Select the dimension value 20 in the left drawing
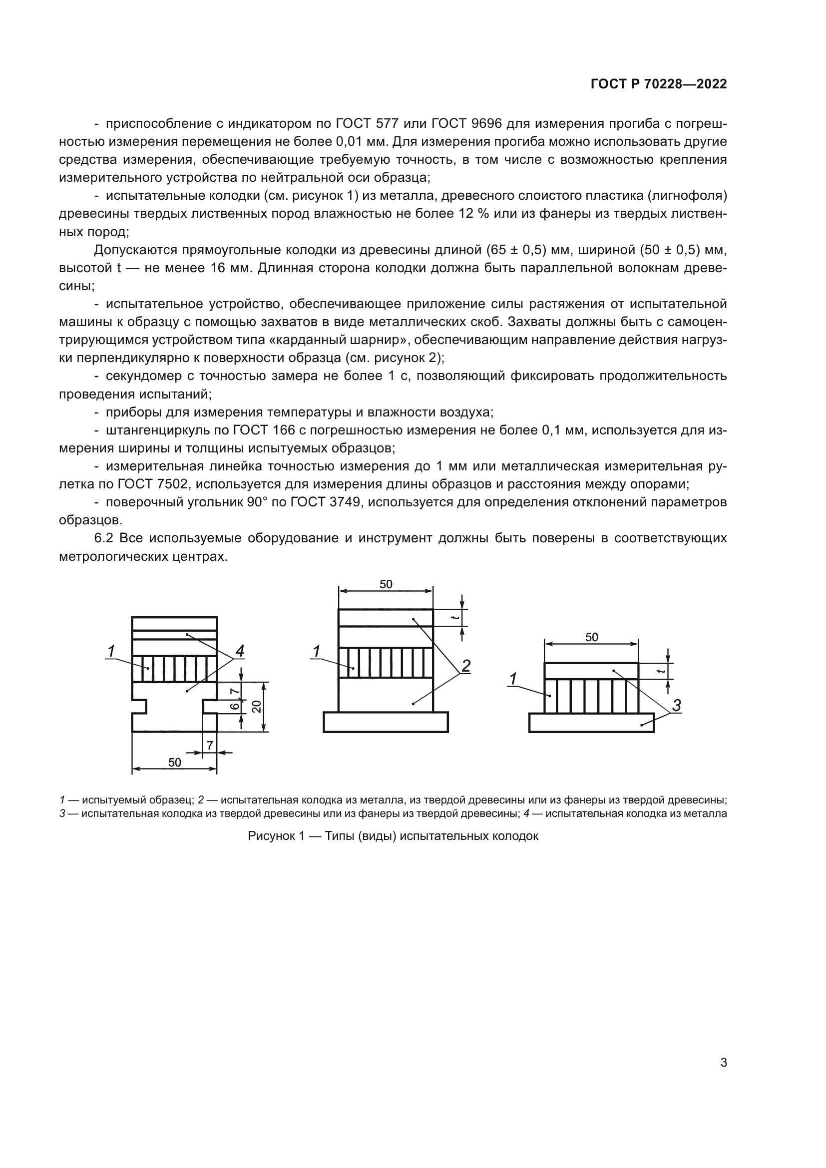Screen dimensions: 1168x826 [257, 707]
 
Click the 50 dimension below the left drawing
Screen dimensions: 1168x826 [174, 763]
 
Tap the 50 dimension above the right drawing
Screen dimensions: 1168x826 [591, 637]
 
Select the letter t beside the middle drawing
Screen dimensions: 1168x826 [456, 618]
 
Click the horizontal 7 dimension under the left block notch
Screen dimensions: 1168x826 [210, 745]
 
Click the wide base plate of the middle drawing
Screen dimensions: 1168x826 [386, 722]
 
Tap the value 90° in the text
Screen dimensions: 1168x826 [261, 502]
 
